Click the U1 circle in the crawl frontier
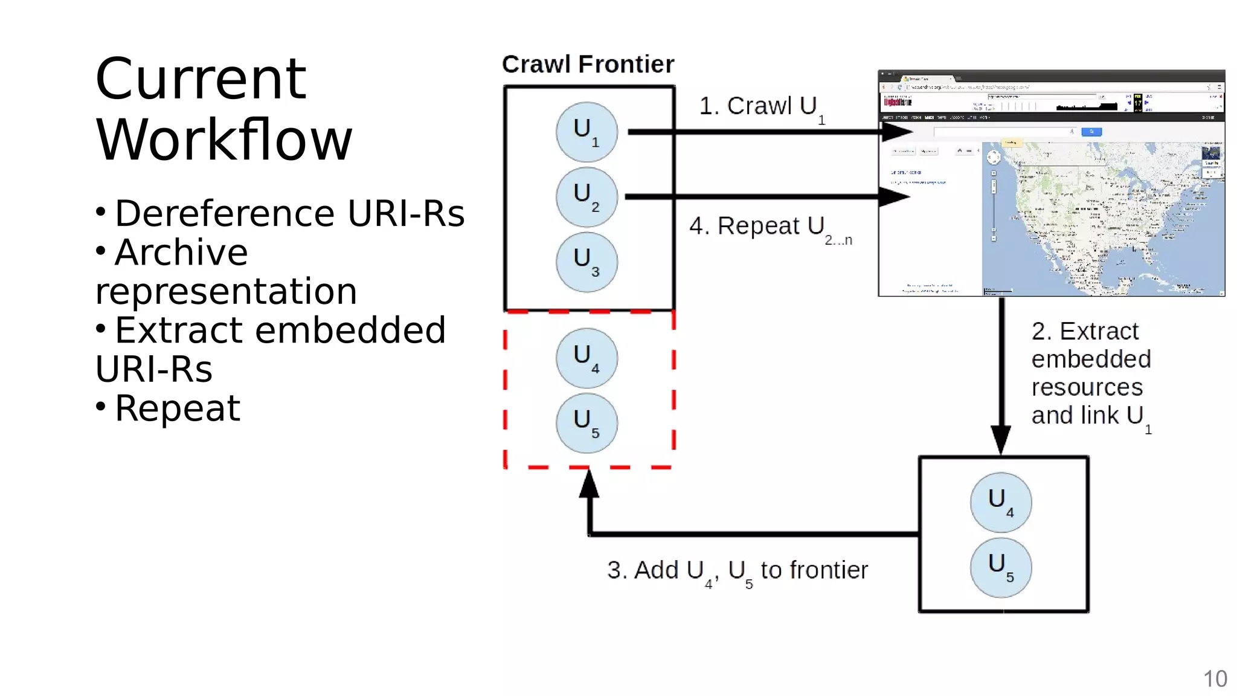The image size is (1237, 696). tap(586, 132)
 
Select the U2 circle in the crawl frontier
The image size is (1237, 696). tap(586, 197)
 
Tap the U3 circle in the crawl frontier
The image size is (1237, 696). tap(586, 262)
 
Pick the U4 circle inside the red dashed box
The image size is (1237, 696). tap(586, 358)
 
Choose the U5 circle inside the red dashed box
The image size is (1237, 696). tap(586, 422)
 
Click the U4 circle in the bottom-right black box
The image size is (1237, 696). tap(1000, 502)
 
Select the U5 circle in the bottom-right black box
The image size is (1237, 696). tap(1000, 567)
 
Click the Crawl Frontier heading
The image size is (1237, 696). tap(588, 64)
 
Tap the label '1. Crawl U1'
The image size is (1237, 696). tap(761, 107)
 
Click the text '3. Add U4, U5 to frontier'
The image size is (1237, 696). tap(737, 571)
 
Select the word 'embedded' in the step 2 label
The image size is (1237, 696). tap(1091, 359)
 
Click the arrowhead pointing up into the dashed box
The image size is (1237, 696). tap(589, 485)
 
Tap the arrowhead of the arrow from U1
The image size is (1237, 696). tap(896, 132)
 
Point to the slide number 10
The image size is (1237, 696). tap(1215, 679)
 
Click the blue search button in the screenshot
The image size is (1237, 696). tap(1091, 132)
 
